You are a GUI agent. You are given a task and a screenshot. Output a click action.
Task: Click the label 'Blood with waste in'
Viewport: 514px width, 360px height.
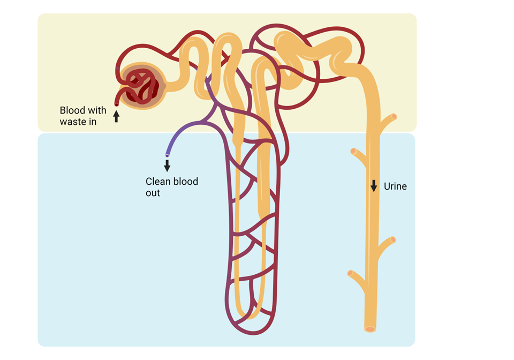click(82, 115)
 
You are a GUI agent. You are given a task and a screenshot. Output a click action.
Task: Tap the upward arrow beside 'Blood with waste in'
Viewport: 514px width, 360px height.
click(116, 116)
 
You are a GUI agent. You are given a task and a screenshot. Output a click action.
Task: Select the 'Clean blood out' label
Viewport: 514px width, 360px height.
click(171, 187)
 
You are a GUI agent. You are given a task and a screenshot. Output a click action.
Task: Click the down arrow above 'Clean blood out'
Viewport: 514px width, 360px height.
click(167, 165)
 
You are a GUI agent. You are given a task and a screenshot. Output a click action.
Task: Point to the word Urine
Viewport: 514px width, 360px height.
click(395, 186)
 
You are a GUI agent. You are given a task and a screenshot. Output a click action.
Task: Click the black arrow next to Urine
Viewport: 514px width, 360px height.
click(374, 186)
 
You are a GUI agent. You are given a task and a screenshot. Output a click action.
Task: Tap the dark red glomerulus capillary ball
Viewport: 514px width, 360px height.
click(141, 86)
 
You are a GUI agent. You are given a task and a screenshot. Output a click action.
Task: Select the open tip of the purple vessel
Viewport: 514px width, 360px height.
click(167, 155)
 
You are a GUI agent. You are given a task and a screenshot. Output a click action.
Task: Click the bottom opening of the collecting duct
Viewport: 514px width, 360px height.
click(370, 328)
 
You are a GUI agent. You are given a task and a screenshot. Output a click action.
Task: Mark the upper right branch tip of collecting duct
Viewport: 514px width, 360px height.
click(394, 116)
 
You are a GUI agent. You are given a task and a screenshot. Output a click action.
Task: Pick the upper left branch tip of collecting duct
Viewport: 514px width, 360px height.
click(353, 152)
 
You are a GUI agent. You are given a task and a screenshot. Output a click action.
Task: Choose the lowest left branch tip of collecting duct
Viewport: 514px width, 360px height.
click(350, 273)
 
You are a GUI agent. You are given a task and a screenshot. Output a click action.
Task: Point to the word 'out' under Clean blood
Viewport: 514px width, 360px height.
click(153, 193)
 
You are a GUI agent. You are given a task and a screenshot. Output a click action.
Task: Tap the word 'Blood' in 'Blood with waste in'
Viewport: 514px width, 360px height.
click(72, 110)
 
